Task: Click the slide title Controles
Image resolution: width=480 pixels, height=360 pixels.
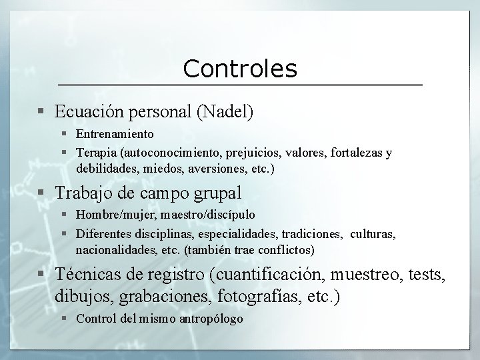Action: (240, 68)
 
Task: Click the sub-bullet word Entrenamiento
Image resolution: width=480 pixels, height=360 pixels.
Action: (115, 135)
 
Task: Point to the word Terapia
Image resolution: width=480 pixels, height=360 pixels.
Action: (95, 153)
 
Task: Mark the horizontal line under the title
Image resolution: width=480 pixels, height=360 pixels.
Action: (240, 85)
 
